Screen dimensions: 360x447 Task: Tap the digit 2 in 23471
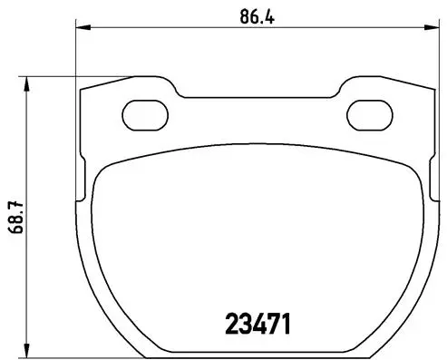(x=231, y=323)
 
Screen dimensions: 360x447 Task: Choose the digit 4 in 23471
(x=261, y=323)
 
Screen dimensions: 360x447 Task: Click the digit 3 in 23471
(x=246, y=323)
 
